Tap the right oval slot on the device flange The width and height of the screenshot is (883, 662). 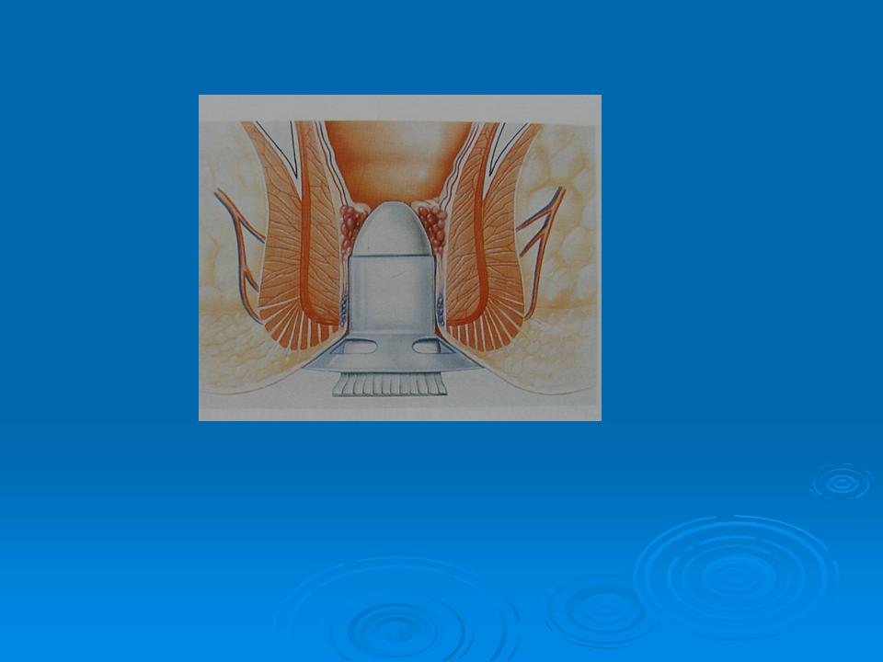coord(426,348)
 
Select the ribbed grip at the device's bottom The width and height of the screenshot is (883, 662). coord(390,384)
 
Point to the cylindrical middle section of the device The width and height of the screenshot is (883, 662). coord(390,294)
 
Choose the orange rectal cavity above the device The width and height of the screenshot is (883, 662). coord(396,156)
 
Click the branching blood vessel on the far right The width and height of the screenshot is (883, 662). coord(543,221)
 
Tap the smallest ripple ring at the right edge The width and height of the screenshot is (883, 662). coord(841,483)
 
